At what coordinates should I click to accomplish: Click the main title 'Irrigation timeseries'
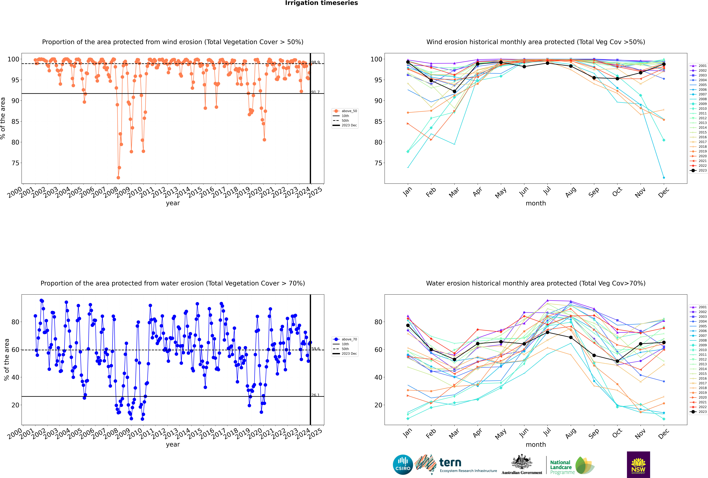(x=321, y=3)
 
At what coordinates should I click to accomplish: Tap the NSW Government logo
(x=638, y=465)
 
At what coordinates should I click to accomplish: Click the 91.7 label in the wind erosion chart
(x=315, y=92)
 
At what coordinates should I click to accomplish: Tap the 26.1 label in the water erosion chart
(x=315, y=395)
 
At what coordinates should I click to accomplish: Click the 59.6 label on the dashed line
(x=315, y=349)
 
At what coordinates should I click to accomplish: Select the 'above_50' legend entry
(x=345, y=111)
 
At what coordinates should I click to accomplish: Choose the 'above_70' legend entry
(x=345, y=339)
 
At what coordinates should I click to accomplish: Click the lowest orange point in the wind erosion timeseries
(x=118, y=178)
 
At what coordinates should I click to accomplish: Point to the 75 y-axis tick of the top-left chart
(x=15, y=163)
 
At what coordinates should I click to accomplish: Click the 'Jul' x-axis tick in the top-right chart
(x=547, y=191)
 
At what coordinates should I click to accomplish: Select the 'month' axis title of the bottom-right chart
(x=536, y=445)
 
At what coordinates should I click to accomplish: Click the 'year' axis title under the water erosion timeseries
(x=173, y=444)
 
